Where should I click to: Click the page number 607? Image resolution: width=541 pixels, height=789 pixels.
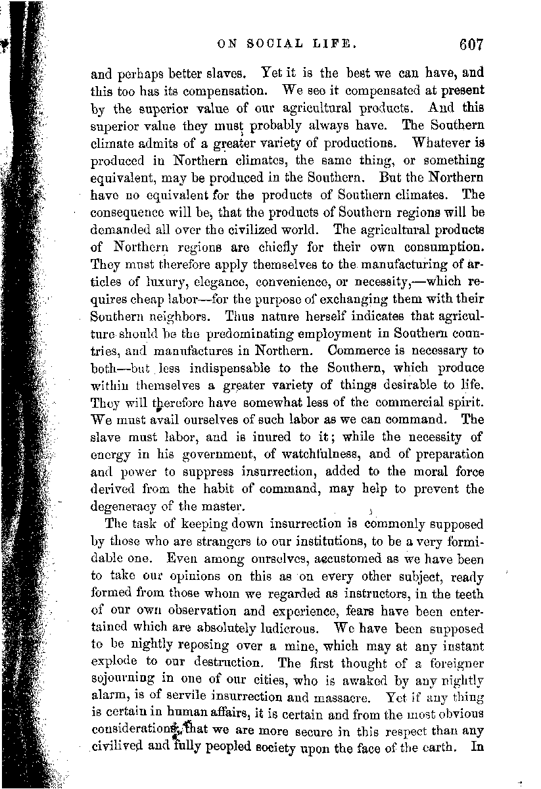[472, 45]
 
